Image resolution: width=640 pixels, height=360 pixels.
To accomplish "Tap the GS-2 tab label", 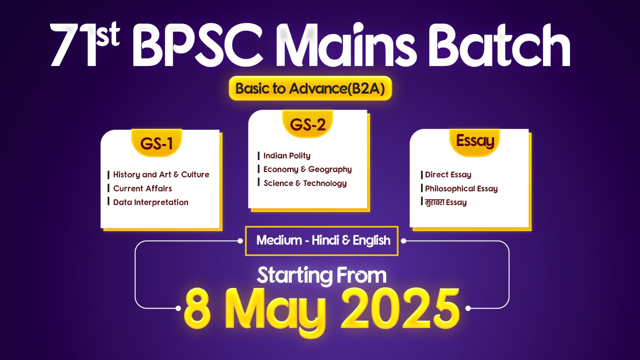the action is pyautogui.click(x=308, y=124).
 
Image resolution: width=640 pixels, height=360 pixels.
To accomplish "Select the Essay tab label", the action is pyautogui.click(x=475, y=141).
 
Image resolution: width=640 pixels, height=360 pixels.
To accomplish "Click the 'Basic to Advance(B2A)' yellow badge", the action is pyautogui.click(x=310, y=88).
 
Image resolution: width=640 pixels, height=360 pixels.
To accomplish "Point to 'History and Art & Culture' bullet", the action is pyautogui.click(x=161, y=174).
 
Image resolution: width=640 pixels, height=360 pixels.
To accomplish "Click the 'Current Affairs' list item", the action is pyautogui.click(x=142, y=188).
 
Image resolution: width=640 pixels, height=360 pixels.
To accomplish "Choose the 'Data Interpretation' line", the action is pyautogui.click(x=151, y=202).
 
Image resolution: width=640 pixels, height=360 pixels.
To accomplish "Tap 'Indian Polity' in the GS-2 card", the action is pyautogui.click(x=287, y=156).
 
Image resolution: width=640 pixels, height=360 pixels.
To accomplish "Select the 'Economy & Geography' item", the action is pyautogui.click(x=308, y=170).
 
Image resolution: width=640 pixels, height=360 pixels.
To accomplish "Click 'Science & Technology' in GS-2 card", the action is pyautogui.click(x=305, y=183).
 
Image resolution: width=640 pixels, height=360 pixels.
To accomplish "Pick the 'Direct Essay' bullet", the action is pyautogui.click(x=448, y=174).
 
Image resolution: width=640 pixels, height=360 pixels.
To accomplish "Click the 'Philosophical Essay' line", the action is pyautogui.click(x=462, y=188).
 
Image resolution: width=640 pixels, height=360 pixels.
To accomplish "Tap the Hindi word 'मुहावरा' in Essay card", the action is pyautogui.click(x=434, y=202).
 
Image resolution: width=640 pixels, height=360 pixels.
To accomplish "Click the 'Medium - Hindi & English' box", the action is pyautogui.click(x=322, y=241).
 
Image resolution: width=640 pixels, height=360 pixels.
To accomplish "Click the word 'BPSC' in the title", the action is pyautogui.click(x=198, y=45).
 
